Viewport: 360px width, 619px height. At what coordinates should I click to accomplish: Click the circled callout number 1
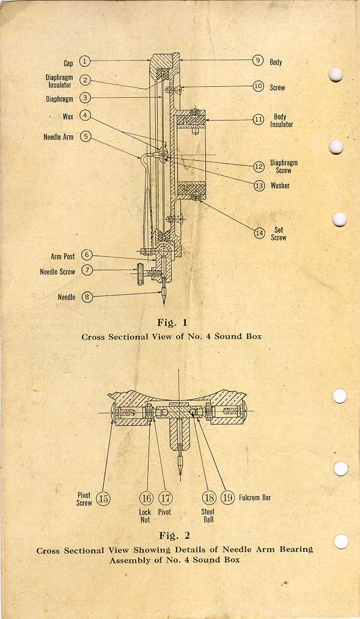[x=85, y=61]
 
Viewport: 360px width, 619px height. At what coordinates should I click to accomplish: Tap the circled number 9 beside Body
[x=258, y=61]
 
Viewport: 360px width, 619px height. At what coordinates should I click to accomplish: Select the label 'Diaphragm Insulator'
[x=59, y=81]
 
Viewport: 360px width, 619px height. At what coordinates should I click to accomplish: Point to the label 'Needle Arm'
[x=58, y=137]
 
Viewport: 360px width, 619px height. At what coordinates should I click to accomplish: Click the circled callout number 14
[x=259, y=233]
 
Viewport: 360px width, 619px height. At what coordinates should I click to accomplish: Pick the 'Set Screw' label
[x=279, y=234]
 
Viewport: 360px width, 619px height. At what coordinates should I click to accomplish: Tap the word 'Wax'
[x=68, y=116]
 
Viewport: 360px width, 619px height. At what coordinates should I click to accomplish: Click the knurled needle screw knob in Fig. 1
[x=139, y=275]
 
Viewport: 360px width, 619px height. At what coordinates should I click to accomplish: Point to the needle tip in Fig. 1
[x=164, y=304]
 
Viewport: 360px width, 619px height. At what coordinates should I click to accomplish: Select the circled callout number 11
[x=259, y=120]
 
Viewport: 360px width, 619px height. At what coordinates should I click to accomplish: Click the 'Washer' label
[x=280, y=185]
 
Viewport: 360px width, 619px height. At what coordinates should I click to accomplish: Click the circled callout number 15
[x=104, y=499]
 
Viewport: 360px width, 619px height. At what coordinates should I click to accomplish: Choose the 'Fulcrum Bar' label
[x=255, y=497]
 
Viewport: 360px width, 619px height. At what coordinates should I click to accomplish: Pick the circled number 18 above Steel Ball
[x=209, y=498]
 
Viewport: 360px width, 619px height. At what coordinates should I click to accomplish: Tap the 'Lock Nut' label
[x=145, y=516]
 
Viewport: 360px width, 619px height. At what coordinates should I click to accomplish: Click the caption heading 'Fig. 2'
[x=174, y=536]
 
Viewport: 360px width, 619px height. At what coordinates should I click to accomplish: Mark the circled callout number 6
[x=87, y=256]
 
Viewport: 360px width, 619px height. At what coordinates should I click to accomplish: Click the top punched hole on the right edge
[x=336, y=75]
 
